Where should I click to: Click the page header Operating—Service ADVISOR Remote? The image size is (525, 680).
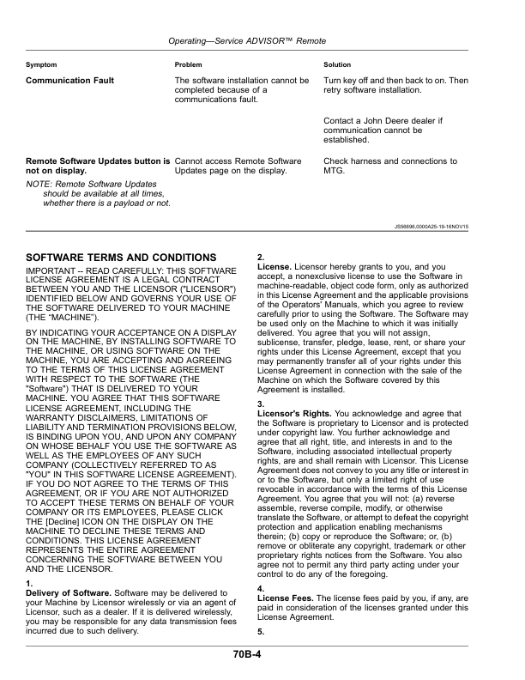click(262, 40)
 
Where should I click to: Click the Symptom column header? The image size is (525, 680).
click(41, 65)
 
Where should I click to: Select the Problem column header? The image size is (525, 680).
click(188, 65)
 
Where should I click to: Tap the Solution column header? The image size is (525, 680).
click(337, 65)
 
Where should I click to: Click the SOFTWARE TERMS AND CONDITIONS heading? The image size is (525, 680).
click(121, 258)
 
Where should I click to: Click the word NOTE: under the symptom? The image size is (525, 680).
click(39, 184)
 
